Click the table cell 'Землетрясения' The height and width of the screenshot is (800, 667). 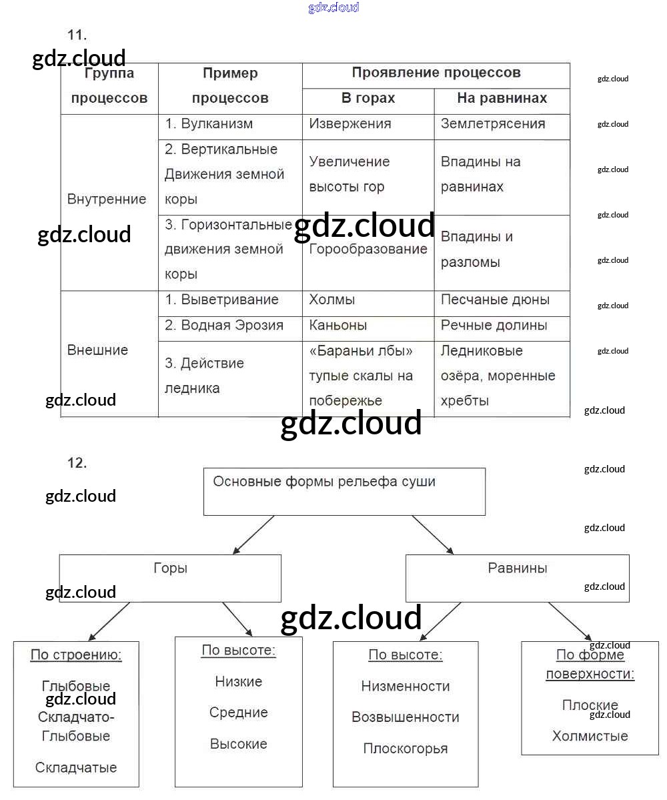493,124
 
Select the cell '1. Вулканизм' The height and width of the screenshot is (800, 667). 209,124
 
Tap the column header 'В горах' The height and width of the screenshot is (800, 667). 368,98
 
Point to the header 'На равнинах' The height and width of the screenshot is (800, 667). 502,98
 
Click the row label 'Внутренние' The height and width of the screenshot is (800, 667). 107,199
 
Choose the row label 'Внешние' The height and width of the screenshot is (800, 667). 97,350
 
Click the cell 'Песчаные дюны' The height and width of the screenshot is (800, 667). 495,300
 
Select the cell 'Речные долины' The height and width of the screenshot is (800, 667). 494,326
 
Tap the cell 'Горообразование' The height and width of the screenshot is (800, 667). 368,250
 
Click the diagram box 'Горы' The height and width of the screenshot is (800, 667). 170,568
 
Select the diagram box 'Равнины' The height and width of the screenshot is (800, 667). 518,568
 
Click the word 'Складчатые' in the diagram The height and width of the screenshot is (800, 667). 76,767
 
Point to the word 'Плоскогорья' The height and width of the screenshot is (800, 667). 406,749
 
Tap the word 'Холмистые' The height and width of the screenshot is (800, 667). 590,736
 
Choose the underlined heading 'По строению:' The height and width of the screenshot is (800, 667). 76,655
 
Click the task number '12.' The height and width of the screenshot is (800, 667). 77,462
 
